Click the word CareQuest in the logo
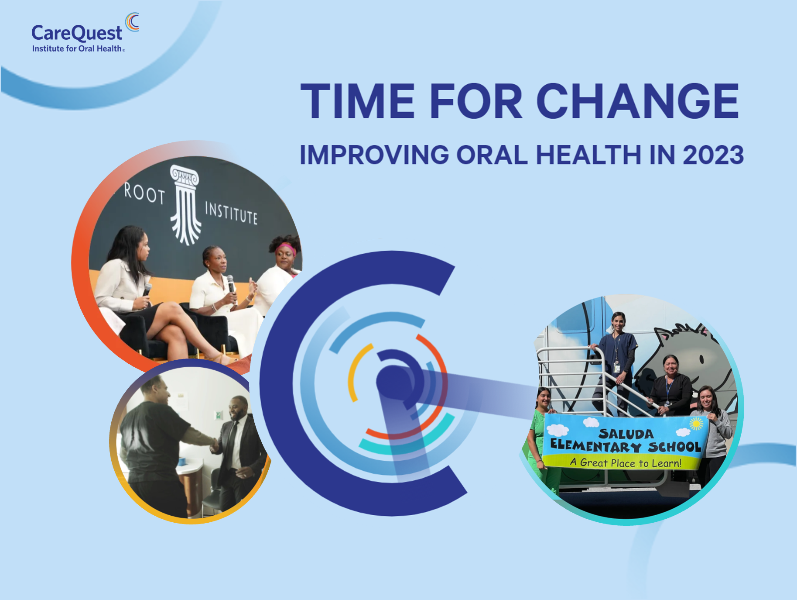point(77,33)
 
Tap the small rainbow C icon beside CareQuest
point(132,22)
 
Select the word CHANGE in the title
point(637,101)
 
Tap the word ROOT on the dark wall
point(144,193)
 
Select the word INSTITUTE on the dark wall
point(231,213)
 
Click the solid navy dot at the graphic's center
point(393,383)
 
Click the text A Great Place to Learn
point(625,462)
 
